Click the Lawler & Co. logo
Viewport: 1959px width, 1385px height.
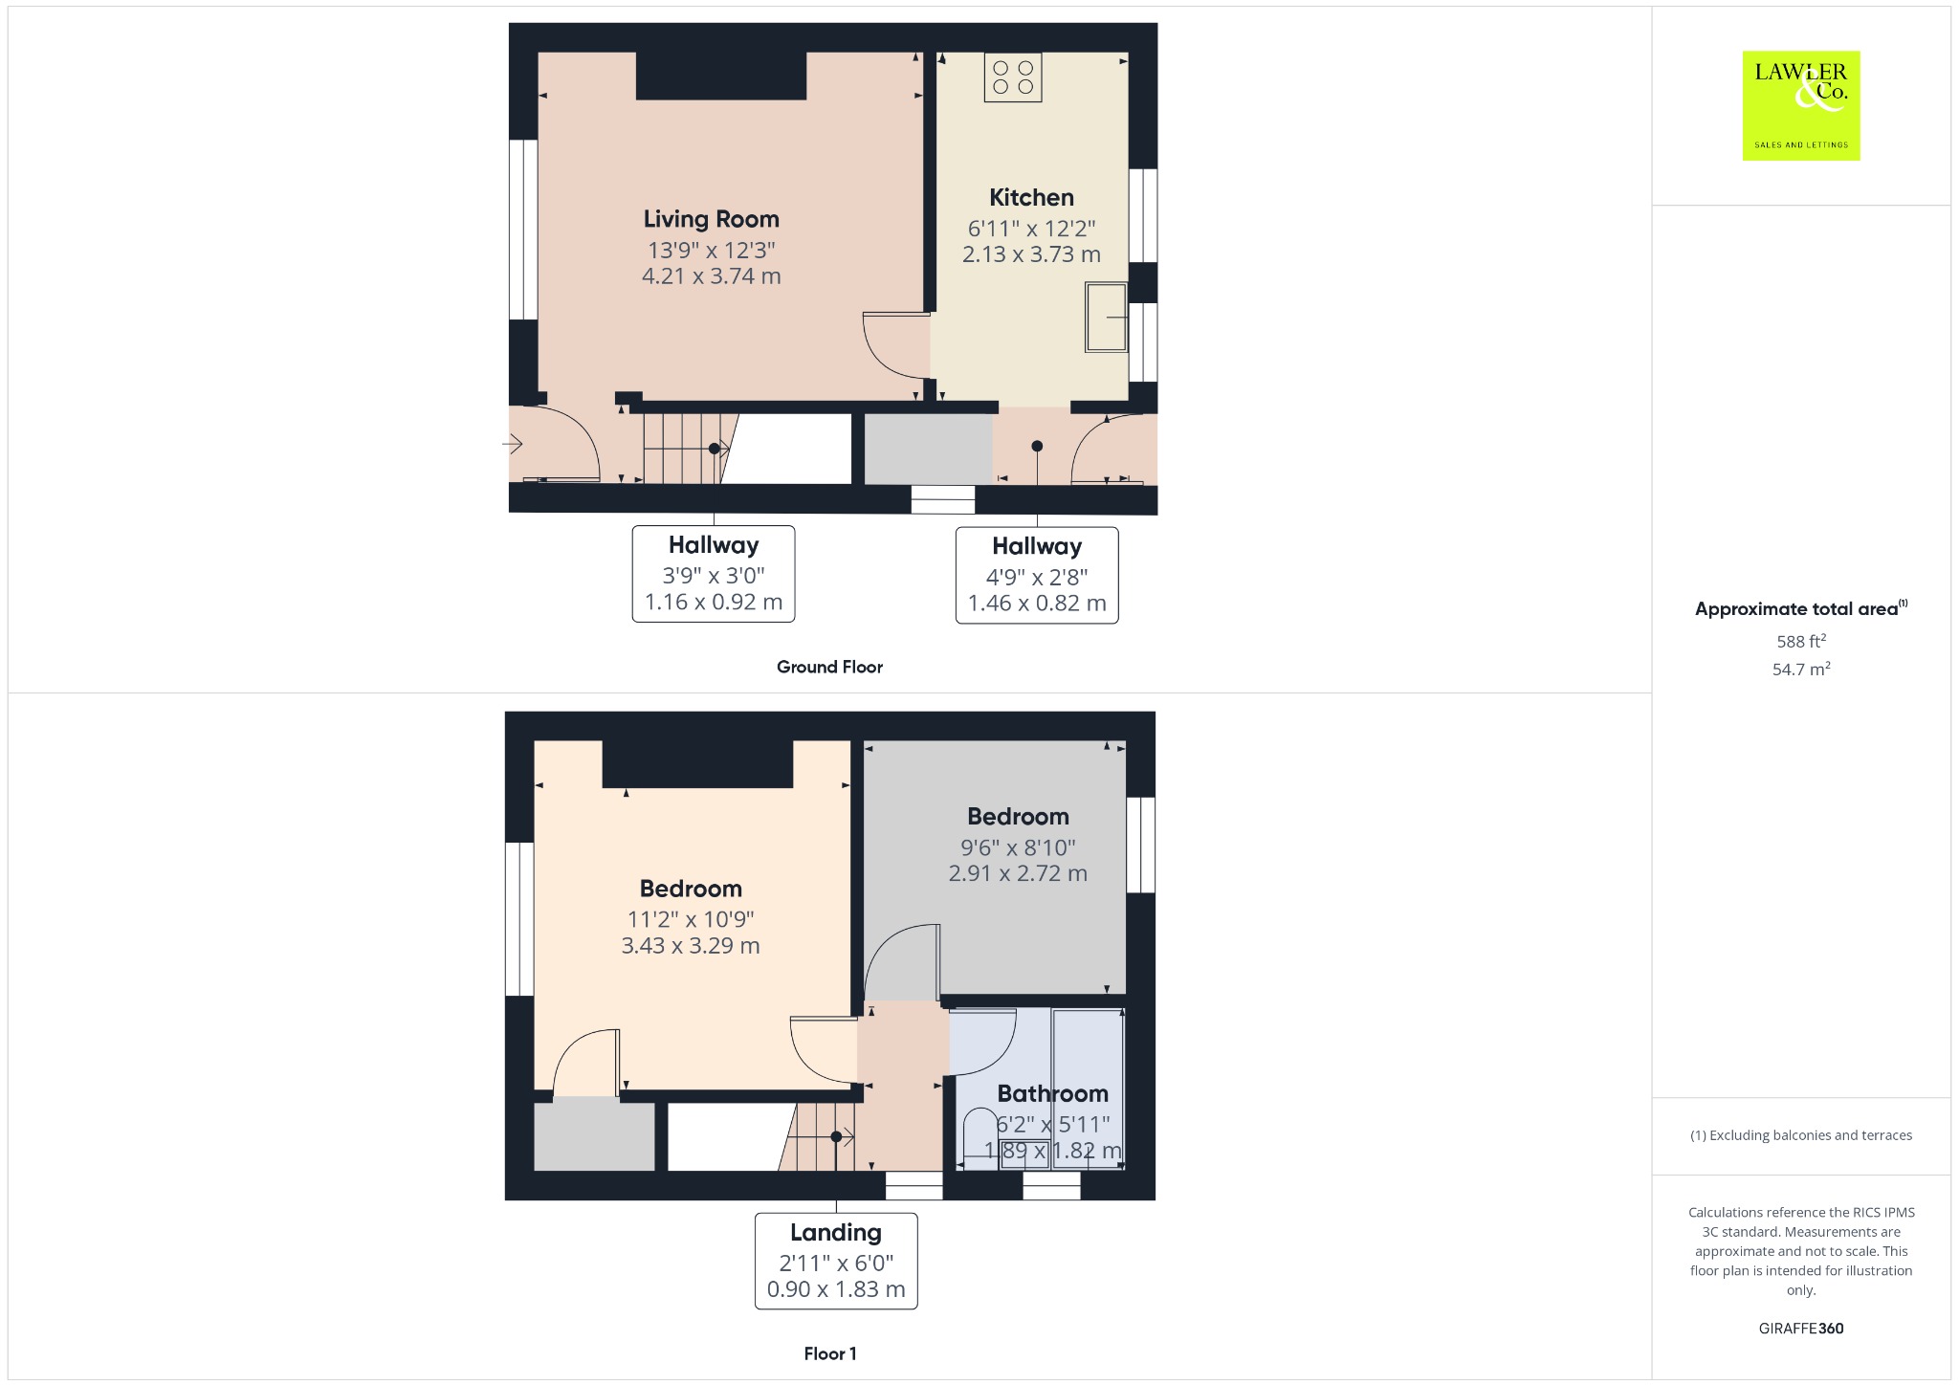coord(1800,105)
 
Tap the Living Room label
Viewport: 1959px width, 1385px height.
coord(711,219)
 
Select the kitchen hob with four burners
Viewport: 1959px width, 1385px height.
coord(1013,77)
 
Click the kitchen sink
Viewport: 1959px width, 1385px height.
coord(1107,317)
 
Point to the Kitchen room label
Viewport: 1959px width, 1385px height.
coord(1031,198)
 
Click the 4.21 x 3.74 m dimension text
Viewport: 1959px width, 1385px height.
coord(711,276)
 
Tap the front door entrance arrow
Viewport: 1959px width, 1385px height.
coord(513,444)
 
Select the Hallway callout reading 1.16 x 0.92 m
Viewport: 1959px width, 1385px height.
coord(714,574)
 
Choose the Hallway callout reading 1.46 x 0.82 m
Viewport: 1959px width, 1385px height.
coord(1037,576)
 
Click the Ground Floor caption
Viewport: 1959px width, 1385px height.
coord(829,667)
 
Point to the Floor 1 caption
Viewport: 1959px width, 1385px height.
coord(830,1353)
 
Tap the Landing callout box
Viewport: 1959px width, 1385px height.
coord(836,1262)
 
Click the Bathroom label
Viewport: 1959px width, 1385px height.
coord(1052,1093)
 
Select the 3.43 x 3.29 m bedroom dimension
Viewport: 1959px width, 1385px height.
coord(691,946)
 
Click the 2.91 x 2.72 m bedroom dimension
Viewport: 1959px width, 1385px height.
coord(1018,873)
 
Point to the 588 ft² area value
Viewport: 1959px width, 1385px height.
coord(1801,641)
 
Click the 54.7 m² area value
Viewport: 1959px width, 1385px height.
coord(1801,669)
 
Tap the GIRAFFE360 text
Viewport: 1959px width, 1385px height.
coord(1801,1328)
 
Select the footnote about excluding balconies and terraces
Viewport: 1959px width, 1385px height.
coord(1801,1135)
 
